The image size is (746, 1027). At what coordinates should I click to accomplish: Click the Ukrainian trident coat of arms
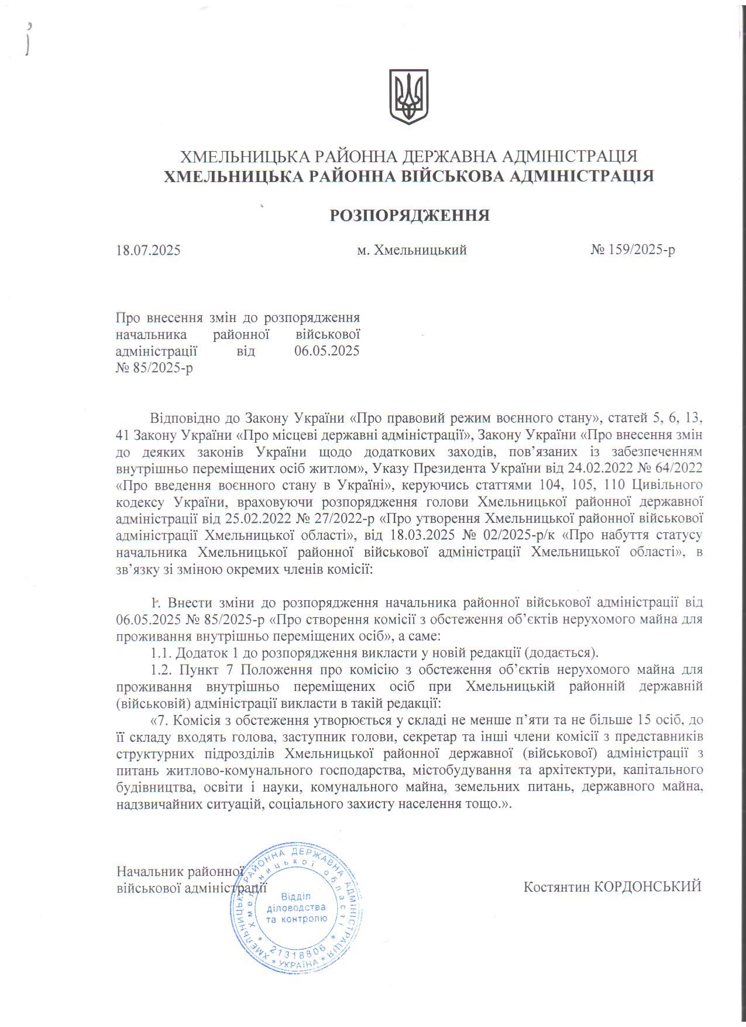click(x=409, y=97)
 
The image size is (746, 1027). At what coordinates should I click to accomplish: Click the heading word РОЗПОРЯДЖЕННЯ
click(x=410, y=216)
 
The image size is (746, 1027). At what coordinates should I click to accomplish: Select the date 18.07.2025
click(x=149, y=251)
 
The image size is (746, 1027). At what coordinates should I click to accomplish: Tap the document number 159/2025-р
click(x=641, y=251)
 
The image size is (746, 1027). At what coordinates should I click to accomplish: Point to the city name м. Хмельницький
click(x=412, y=251)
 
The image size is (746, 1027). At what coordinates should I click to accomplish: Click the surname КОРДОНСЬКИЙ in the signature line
click(x=648, y=886)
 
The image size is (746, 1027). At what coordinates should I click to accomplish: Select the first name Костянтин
click(x=556, y=886)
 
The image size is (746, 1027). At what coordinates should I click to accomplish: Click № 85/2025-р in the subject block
click(x=154, y=369)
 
